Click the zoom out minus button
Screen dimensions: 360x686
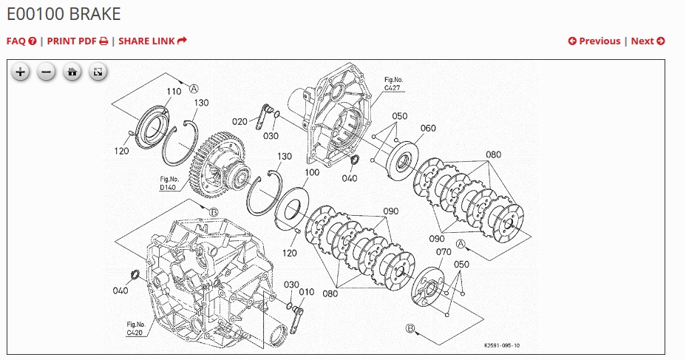46,72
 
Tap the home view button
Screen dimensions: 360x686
72,72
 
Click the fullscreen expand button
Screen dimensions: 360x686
98,72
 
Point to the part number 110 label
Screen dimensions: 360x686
173,91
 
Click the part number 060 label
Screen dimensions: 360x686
428,128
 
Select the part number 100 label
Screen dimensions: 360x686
312,172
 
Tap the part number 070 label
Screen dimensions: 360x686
444,252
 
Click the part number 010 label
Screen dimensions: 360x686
306,292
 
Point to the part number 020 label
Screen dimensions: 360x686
240,121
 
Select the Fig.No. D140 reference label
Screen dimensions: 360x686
169,183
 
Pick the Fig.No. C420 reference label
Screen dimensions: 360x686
135,328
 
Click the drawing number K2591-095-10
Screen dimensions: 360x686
502,345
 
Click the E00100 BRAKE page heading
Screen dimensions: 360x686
64,14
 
